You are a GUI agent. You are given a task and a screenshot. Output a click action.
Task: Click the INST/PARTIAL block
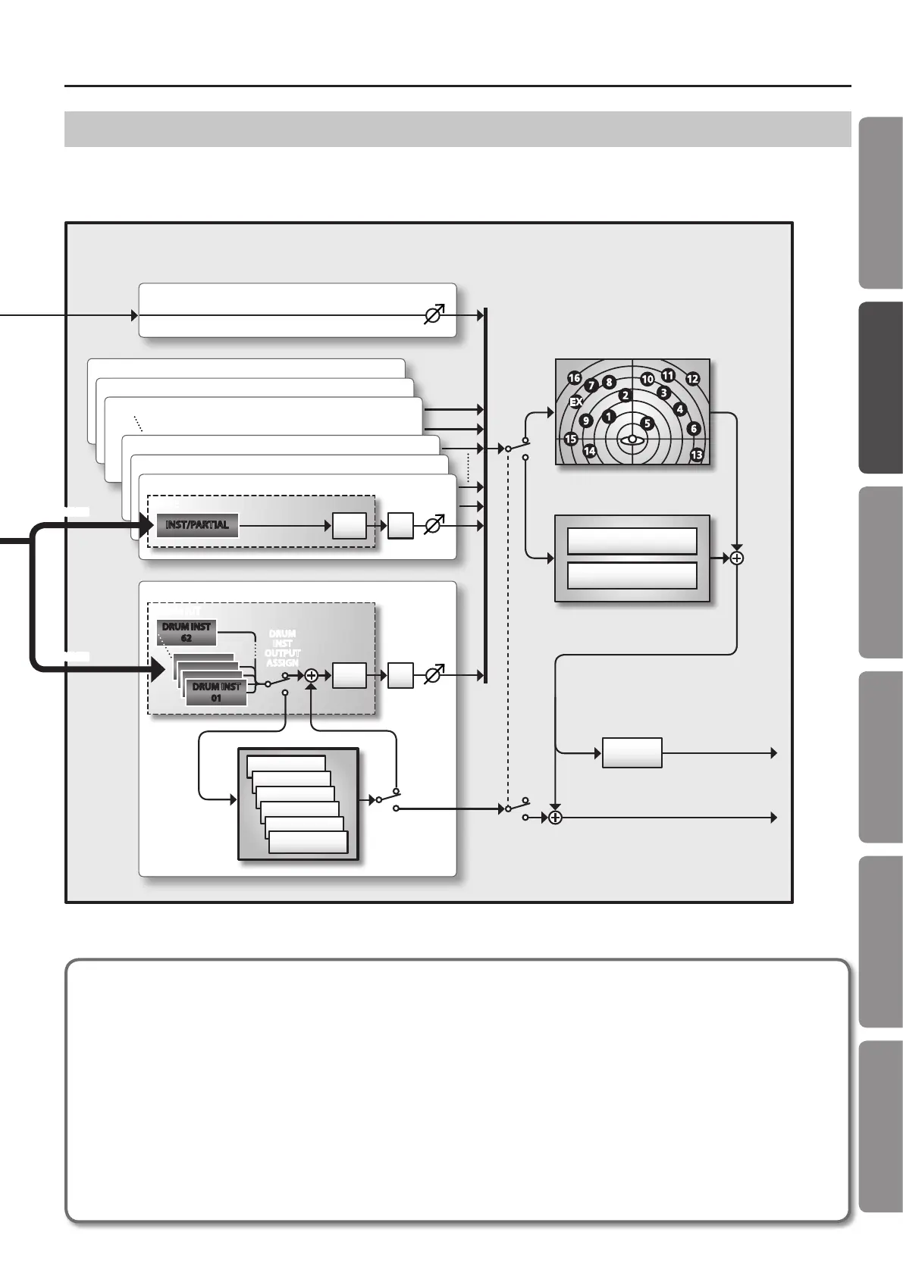[x=197, y=524]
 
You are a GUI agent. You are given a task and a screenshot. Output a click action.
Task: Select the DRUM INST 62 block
[x=187, y=632]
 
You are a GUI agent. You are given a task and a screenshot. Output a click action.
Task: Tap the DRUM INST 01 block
[x=216, y=692]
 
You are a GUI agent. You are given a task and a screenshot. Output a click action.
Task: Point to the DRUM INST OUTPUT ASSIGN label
[x=282, y=648]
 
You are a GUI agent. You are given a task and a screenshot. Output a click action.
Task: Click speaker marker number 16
[x=574, y=378]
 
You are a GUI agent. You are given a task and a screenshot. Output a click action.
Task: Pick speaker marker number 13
[x=697, y=455]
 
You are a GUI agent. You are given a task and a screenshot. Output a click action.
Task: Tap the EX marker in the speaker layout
[x=575, y=402]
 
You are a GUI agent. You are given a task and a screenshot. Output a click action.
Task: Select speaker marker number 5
[x=646, y=423]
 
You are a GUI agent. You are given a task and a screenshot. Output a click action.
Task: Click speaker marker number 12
[x=691, y=378]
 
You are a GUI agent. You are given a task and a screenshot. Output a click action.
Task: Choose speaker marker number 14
[x=589, y=452]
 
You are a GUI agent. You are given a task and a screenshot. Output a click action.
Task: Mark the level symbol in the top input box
[x=434, y=314]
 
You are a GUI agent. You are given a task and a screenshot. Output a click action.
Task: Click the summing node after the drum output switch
[x=310, y=675]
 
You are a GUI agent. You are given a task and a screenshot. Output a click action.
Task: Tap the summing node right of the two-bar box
[x=737, y=558]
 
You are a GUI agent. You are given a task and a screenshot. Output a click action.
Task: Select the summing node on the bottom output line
[x=555, y=818]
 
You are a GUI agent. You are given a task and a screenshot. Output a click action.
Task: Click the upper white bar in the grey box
[x=632, y=541]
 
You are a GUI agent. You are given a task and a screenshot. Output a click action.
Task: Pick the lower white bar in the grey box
[x=632, y=575]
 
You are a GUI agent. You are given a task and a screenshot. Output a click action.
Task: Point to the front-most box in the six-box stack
[x=309, y=843]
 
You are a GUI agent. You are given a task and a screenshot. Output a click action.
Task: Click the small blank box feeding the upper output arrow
[x=632, y=753]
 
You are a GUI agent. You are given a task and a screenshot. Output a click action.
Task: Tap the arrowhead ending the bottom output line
[x=774, y=818]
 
